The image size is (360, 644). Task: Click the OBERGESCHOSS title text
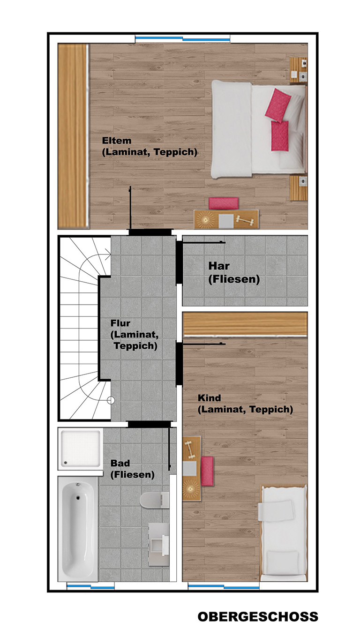click(258, 617)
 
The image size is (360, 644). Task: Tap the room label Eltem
click(117, 141)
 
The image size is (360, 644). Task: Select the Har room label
click(219, 266)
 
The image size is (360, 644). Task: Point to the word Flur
click(120, 323)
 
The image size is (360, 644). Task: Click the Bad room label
click(120, 463)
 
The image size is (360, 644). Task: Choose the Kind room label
click(210, 398)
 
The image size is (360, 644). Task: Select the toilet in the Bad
click(154, 500)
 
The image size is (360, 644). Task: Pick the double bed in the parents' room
click(258, 129)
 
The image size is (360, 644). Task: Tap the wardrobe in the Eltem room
click(73, 136)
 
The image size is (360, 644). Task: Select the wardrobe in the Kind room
click(245, 324)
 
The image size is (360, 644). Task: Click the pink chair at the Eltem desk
click(224, 203)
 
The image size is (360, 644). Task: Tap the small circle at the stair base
click(111, 400)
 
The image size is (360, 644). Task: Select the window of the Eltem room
click(183, 38)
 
